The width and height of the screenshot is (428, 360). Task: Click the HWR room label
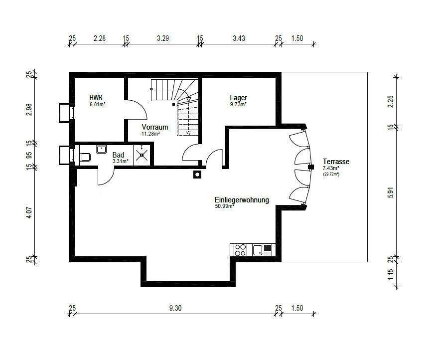tap(96, 98)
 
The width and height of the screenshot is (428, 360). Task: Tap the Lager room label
tap(238, 98)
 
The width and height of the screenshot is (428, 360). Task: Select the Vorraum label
tap(155, 127)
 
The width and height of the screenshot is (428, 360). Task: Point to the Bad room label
tap(118, 155)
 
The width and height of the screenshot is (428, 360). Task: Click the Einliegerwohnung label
tap(242, 200)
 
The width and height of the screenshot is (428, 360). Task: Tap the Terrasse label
tap(336, 162)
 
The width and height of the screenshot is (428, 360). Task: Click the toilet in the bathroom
tap(85, 157)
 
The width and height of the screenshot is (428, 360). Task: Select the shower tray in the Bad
tap(142, 155)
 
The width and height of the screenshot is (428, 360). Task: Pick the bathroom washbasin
tap(101, 149)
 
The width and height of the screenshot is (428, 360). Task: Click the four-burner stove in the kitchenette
tap(240, 250)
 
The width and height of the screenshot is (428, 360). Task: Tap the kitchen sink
tap(258, 250)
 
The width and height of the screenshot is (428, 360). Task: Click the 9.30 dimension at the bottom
tap(175, 308)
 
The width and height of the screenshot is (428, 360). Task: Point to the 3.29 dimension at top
tap(163, 38)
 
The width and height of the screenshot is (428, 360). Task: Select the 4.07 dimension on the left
tap(29, 212)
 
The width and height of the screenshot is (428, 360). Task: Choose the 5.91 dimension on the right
tap(391, 192)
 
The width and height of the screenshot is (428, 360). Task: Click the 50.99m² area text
tap(224, 206)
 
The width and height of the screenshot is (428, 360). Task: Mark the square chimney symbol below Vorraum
tap(197, 174)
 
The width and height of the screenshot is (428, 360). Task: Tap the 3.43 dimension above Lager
tap(239, 38)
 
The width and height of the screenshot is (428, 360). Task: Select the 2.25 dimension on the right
tap(391, 101)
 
